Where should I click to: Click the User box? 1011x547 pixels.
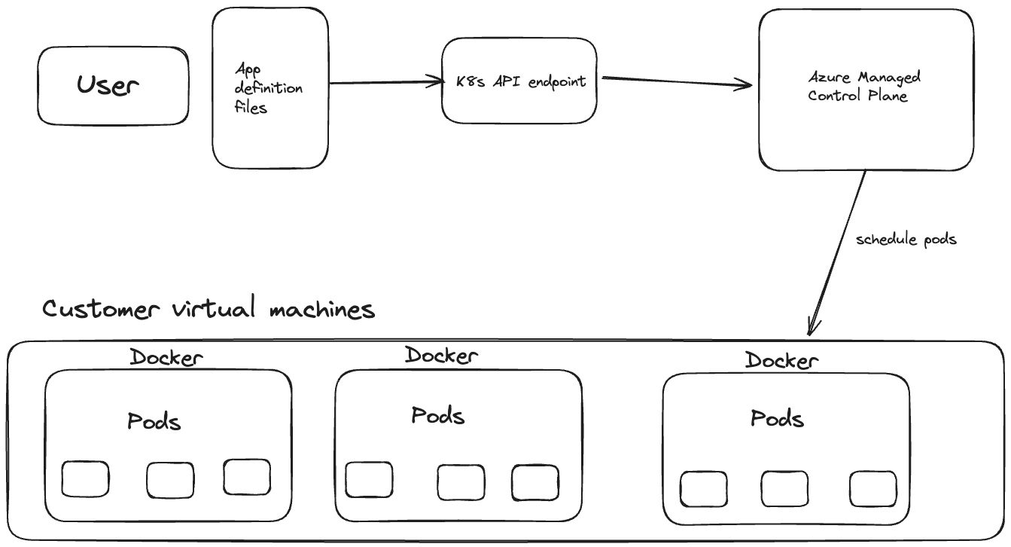[113, 86]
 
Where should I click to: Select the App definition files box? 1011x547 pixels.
[270, 88]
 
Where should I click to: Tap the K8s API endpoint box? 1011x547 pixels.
[519, 81]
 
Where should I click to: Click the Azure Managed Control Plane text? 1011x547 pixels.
[864, 87]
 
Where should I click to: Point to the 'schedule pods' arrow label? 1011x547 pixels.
[906, 240]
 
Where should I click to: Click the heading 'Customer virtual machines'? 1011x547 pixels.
[209, 309]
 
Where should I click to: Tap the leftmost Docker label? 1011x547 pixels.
[166, 357]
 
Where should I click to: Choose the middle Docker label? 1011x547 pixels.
[441, 355]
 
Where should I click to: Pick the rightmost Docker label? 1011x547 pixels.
[781, 361]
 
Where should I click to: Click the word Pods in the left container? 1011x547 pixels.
[154, 421]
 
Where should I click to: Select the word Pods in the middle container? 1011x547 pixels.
[437, 415]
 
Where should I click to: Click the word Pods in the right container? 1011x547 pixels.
[777, 417]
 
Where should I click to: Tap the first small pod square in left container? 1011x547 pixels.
[85, 479]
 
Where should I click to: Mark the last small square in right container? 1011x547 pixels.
[873, 489]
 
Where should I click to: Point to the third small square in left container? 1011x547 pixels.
[247, 477]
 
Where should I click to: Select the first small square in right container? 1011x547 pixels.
[704, 489]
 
